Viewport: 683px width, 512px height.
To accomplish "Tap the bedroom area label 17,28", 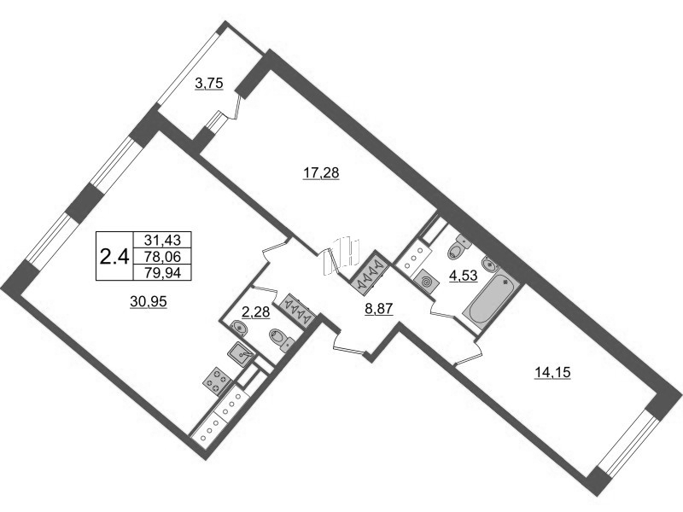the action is (321, 173).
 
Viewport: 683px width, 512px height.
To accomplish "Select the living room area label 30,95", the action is (149, 301).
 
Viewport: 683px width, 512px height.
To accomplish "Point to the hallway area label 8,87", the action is (379, 309).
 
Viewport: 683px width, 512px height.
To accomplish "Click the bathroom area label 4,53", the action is (464, 275).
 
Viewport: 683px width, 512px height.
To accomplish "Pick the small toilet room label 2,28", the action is (255, 311).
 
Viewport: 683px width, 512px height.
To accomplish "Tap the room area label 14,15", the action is (552, 372).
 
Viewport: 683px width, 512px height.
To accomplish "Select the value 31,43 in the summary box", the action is (162, 240).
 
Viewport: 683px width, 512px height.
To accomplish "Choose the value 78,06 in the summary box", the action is (162, 257).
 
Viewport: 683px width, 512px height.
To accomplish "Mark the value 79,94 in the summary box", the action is (162, 272).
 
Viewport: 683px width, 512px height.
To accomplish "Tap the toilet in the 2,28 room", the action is (282, 339).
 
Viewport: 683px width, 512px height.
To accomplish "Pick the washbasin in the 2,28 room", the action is (238, 328).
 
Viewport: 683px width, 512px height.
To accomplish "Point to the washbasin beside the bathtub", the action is (489, 263).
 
